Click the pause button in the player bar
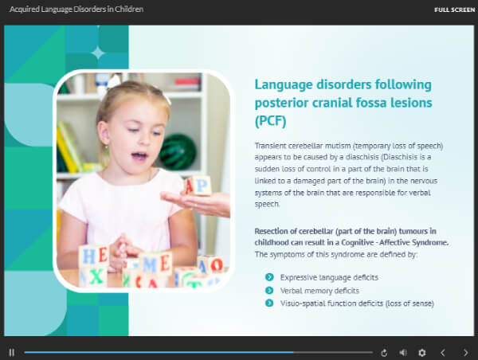click(x=12, y=353)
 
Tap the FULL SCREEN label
click(x=455, y=10)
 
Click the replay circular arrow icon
click(x=384, y=353)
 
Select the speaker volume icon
click(x=403, y=353)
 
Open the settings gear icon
click(x=422, y=353)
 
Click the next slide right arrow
click(x=465, y=353)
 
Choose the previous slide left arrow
click(x=443, y=353)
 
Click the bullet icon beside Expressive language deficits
click(x=269, y=277)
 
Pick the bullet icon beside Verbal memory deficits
click(x=269, y=290)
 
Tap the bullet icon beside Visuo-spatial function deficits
click(x=269, y=303)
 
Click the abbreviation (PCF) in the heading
click(x=270, y=121)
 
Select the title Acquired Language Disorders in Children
click(x=76, y=9)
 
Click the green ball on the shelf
click(x=178, y=152)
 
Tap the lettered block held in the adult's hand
click(x=198, y=186)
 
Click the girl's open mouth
click(x=139, y=156)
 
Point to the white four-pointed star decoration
click(x=98, y=53)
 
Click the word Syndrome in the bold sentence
click(x=430, y=243)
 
